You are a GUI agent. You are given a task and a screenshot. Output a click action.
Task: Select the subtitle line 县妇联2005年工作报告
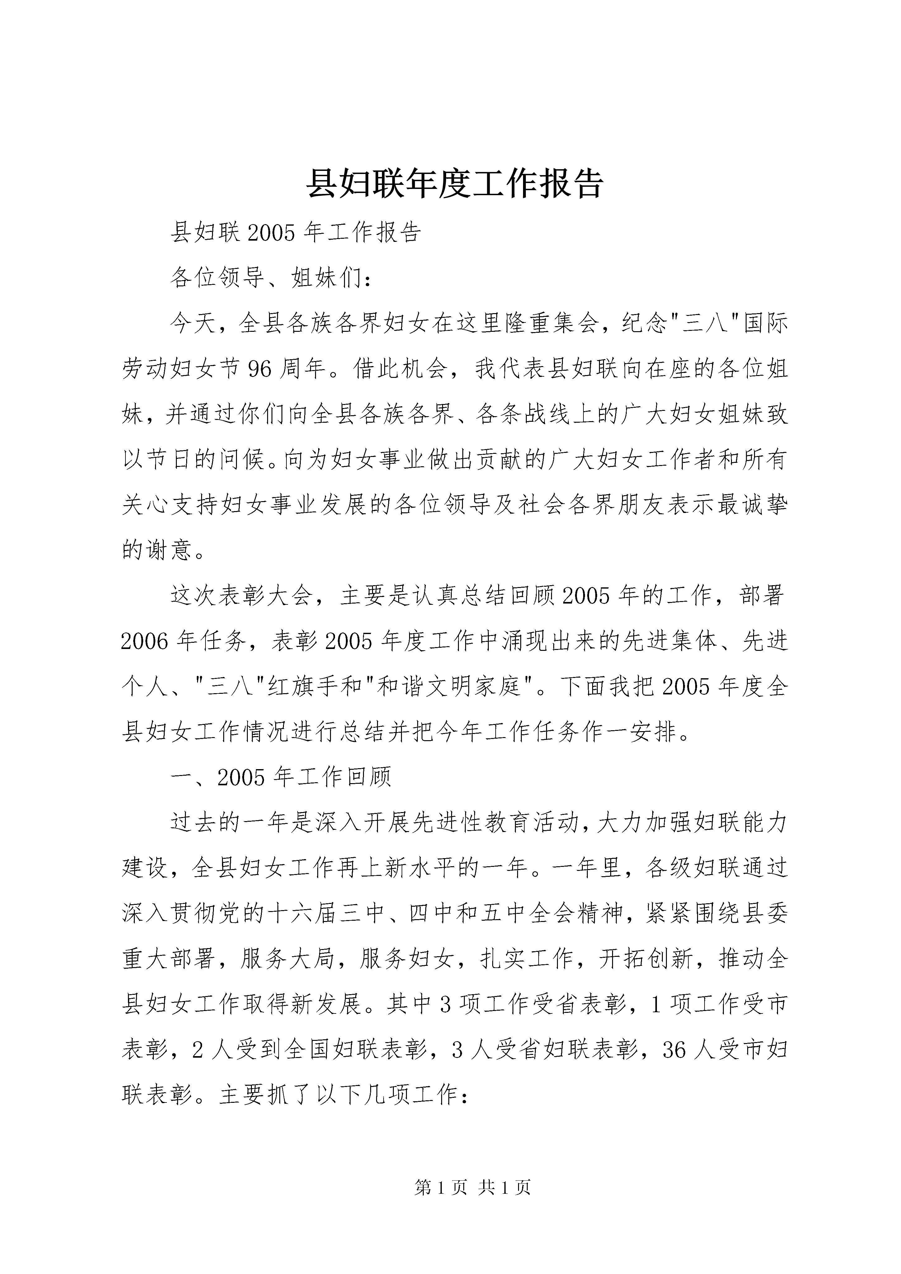(295, 233)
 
